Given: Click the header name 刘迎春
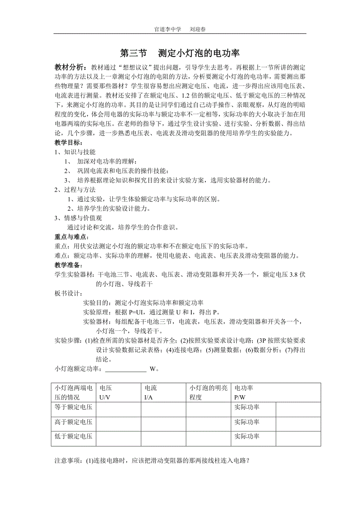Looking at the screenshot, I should (198, 29).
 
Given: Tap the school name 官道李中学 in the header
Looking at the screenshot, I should (168, 29).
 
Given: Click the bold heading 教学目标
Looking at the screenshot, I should (68, 143).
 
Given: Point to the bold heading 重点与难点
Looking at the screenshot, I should (72, 237).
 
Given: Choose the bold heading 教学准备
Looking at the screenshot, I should (68, 265).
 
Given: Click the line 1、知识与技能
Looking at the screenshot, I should (75, 152).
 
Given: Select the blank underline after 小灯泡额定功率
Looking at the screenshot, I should (126, 369).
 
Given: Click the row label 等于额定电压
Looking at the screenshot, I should (74, 407).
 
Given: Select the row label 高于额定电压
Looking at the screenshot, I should (74, 422).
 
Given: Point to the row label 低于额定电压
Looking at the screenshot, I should (74, 437).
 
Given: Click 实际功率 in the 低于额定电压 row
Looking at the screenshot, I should (247, 437).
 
